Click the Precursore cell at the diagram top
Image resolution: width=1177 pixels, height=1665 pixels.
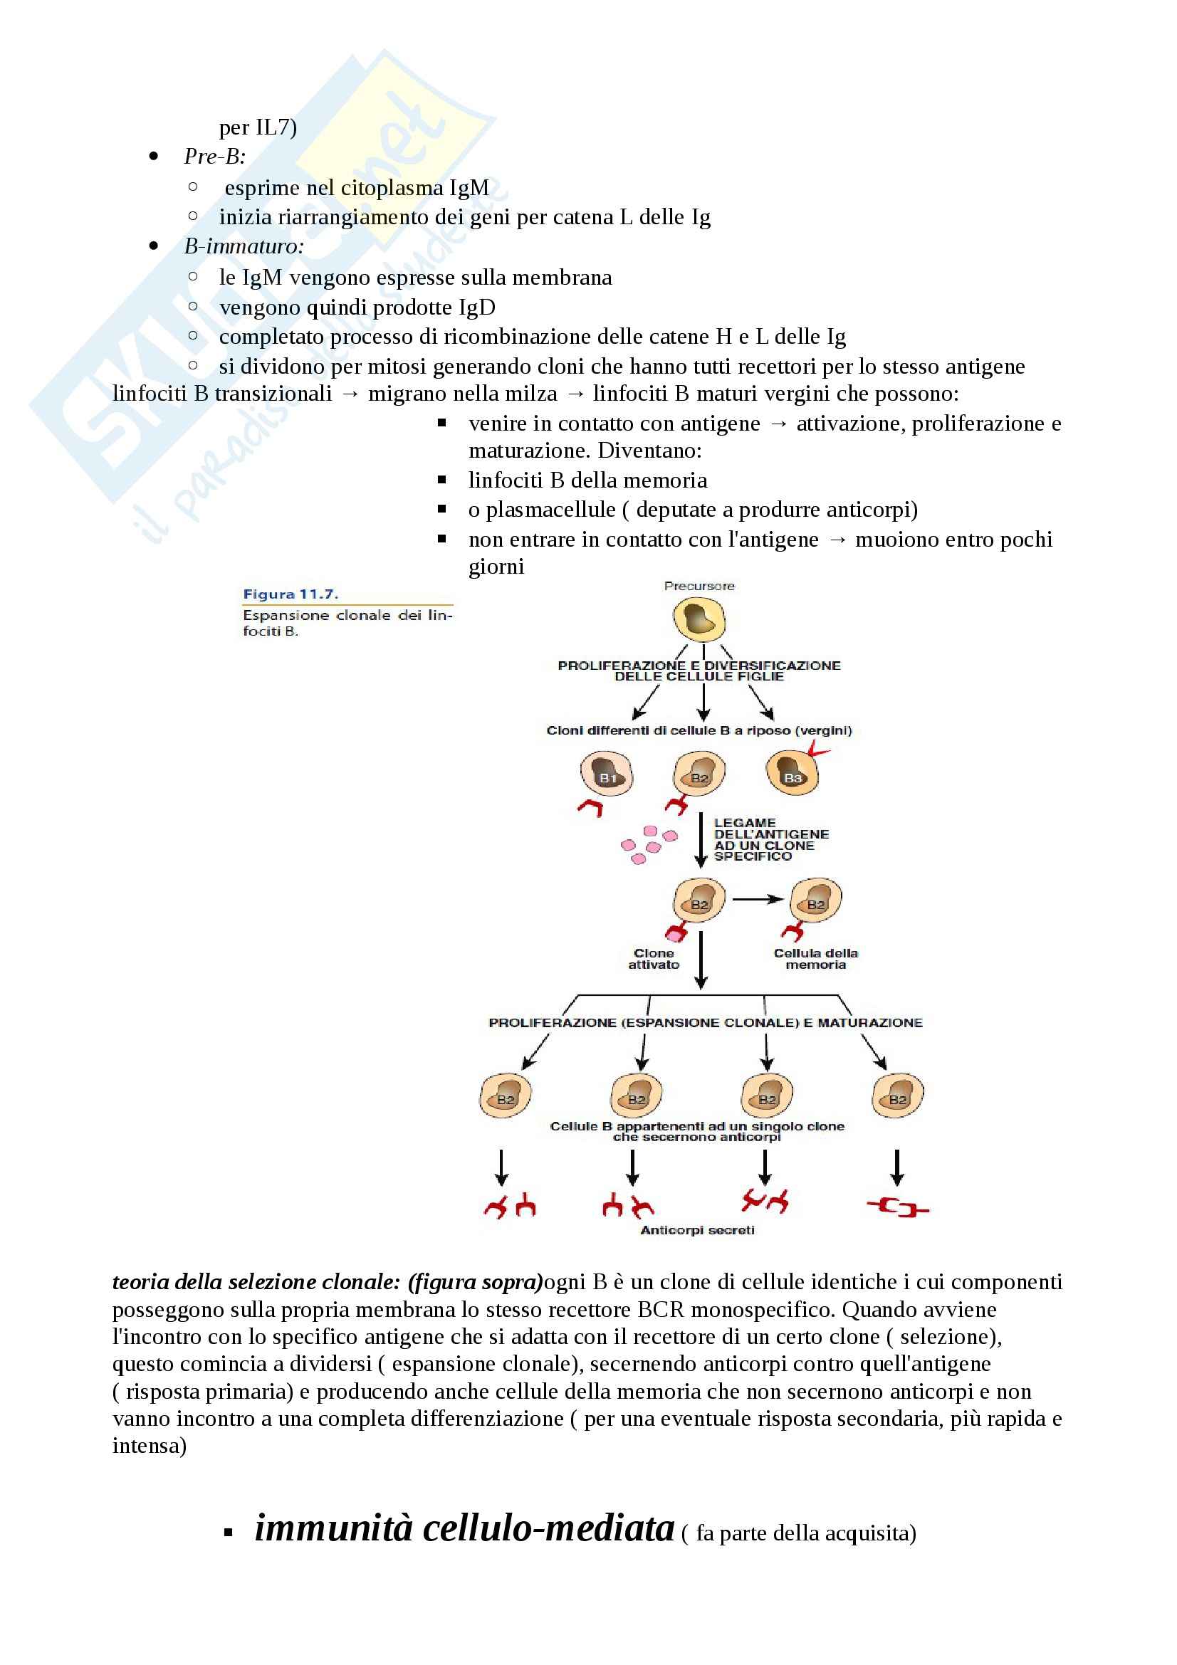coord(699,619)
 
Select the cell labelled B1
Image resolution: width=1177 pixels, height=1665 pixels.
coord(606,774)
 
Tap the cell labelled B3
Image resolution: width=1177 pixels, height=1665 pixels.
coord(792,774)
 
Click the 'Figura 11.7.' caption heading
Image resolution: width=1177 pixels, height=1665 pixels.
coord(290,594)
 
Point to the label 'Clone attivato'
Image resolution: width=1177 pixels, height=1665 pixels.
coord(654,959)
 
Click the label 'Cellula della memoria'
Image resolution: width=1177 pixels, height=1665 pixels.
coord(815,959)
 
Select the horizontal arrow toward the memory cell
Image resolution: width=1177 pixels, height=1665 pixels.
coord(757,899)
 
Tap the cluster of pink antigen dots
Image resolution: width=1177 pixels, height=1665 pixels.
coord(648,844)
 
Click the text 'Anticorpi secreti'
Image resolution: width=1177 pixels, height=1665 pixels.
coord(697,1230)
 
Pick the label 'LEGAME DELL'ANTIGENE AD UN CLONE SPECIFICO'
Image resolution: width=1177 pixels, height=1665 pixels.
coord(771,839)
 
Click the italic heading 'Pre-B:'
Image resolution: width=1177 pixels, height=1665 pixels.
coord(214,156)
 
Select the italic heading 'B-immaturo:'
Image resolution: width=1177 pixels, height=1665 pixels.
coord(244,246)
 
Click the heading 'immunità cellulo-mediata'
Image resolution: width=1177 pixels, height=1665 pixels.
coord(464,1527)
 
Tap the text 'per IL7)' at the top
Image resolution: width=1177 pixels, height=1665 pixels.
coord(258,127)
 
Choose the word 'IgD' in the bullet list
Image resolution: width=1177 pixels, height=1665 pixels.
coord(476,307)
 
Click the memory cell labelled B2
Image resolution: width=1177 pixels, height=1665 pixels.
coord(815,900)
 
